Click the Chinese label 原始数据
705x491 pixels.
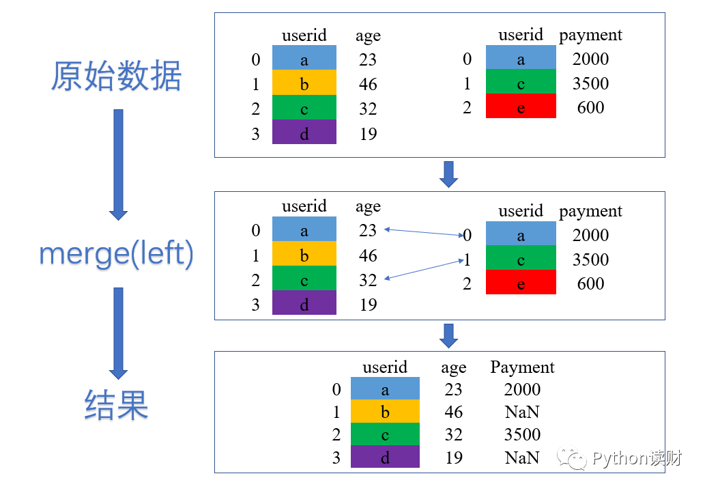[117, 76]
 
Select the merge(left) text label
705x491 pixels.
[117, 254]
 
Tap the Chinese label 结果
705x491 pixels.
[117, 404]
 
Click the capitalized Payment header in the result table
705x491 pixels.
[522, 367]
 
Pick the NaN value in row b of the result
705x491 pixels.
[522, 412]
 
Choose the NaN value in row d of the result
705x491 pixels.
[522, 458]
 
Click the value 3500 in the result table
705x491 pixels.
[522, 435]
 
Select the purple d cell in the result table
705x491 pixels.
[385, 458]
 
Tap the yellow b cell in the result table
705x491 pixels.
[385, 412]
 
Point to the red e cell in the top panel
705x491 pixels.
[521, 107]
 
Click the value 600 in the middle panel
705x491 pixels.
[590, 283]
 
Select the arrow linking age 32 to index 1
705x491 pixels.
[424, 268]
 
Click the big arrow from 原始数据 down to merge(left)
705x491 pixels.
[118, 164]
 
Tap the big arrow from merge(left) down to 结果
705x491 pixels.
[118, 333]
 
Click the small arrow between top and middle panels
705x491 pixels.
[448, 174]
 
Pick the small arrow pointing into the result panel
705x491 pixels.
[448, 335]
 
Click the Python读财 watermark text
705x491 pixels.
[636, 458]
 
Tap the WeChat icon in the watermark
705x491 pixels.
[571, 458]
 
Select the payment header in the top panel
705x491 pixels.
[590, 36]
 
